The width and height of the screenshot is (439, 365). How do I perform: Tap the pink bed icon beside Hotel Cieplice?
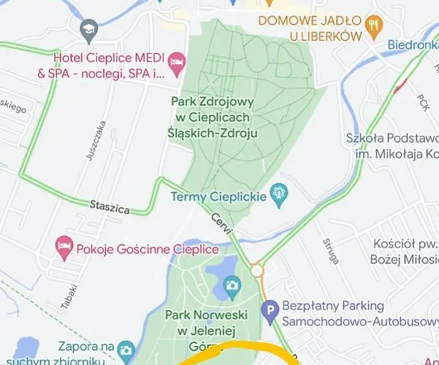coord(176,64)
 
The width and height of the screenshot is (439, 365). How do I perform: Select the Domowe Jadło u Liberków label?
coord(310,28)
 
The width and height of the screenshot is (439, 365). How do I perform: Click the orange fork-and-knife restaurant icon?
coord(374,28)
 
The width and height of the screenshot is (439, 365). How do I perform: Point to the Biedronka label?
coord(413,44)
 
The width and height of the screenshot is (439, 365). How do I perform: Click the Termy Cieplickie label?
coord(218,196)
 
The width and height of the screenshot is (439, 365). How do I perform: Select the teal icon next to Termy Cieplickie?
coord(278,194)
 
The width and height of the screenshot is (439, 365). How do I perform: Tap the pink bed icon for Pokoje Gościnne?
coord(64,248)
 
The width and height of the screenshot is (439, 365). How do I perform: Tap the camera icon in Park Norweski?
coord(232,285)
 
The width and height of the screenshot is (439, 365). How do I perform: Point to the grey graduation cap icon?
coord(89,29)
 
